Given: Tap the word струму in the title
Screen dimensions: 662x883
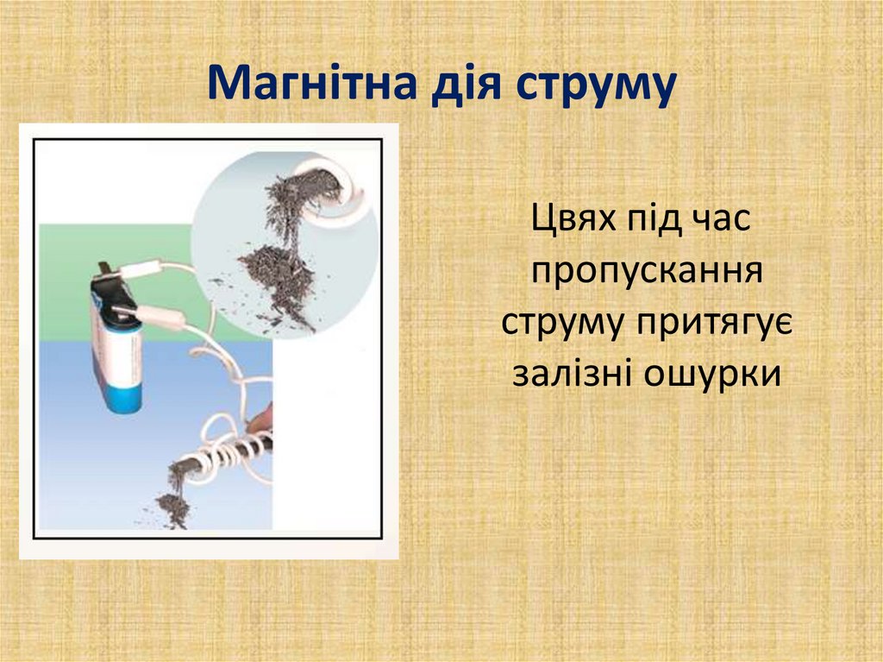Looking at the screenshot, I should tap(595, 86).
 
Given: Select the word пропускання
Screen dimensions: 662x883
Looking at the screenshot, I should tap(648, 272).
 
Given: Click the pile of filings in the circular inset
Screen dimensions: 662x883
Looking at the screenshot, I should tap(276, 276).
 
